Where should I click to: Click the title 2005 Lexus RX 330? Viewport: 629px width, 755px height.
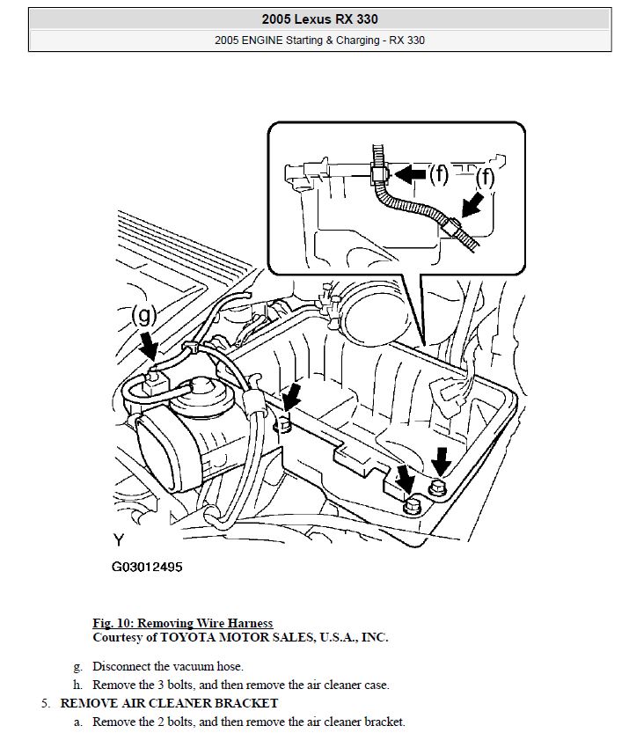pyautogui.click(x=318, y=18)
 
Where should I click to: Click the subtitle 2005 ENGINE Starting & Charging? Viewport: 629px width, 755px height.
pyautogui.click(x=318, y=40)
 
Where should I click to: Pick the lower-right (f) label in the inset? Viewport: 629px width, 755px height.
pyautogui.click(x=485, y=179)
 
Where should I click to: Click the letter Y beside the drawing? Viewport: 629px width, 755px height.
pyautogui.click(x=118, y=539)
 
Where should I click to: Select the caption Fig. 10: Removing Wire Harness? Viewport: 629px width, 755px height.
pyautogui.click(x=182, y=623)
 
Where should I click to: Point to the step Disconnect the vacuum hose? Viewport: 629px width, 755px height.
pyautogui.click(x=167, y=666)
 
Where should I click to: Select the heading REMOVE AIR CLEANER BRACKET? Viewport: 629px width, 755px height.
pyautogui.click(x=169, y=703)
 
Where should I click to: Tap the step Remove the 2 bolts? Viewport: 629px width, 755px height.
pyautogui.click(x=248, y=722)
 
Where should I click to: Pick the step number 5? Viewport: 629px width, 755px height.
pyautogui.click(x=46, y=703)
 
